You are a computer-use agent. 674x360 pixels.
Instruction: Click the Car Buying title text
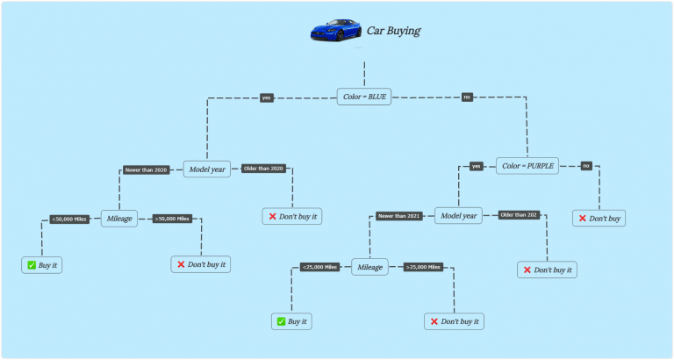393,31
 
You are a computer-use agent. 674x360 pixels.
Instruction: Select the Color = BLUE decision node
364,97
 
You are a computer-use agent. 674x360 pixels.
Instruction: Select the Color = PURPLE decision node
528,165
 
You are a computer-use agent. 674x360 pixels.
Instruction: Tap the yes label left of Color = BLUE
267,97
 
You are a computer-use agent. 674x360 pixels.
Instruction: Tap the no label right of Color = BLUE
468,97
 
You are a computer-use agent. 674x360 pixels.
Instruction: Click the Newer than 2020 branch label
147,169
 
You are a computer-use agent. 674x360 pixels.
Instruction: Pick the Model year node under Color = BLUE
206,169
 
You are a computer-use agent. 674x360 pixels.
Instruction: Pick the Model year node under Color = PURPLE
458,215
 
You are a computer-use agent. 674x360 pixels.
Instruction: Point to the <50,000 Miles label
69,219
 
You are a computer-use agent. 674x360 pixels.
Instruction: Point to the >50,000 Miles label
172,219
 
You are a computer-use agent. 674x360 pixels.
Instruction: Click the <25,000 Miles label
319,267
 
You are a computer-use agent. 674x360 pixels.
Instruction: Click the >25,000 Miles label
424,267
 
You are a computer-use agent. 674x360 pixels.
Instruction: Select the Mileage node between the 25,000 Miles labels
370,267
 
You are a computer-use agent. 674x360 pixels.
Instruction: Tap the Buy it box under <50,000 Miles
42,264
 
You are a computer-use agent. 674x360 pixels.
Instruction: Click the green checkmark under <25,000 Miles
280,322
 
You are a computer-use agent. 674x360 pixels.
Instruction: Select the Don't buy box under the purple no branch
599,218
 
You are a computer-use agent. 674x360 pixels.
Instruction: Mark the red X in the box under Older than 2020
271,216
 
